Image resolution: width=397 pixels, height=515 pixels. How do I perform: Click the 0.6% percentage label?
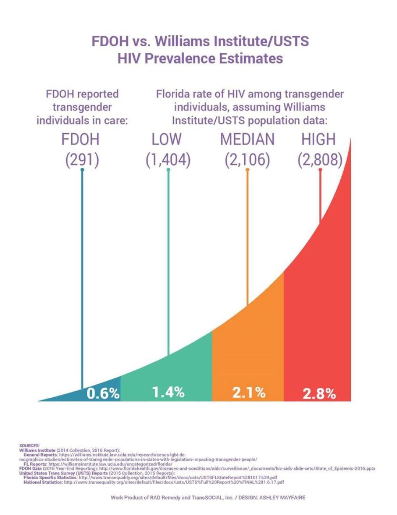103,394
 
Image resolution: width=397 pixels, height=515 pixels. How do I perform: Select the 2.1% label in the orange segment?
249,393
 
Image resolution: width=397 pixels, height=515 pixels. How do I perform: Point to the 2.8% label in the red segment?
319,394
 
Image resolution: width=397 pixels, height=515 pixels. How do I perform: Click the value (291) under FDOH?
82,160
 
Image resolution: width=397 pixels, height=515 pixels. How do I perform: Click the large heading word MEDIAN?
247,139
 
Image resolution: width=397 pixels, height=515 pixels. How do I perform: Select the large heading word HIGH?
320,139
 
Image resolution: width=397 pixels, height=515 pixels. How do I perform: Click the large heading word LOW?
168,139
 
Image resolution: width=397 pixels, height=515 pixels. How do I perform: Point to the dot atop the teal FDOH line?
82,170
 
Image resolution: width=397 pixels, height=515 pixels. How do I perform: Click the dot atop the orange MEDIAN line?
248,170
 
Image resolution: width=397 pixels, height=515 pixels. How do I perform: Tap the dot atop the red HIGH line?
320,170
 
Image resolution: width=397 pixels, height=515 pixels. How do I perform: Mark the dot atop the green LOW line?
168,170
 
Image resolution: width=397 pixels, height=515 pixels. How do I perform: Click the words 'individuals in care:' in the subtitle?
82,120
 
